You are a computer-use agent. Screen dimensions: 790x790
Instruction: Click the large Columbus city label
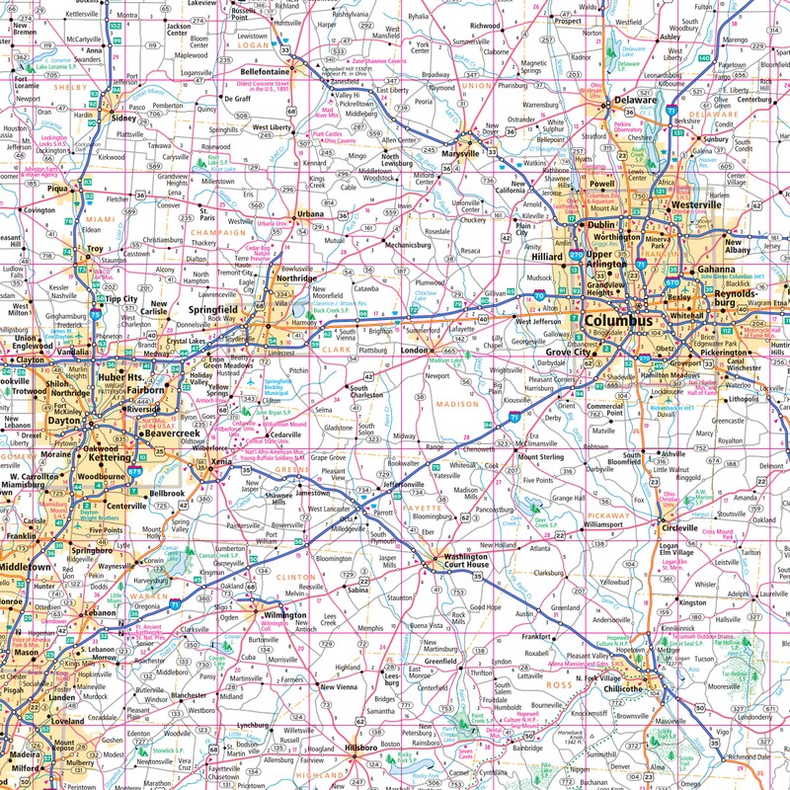(x=618, y=321)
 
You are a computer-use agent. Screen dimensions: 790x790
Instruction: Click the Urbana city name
(x=310, y=213)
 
